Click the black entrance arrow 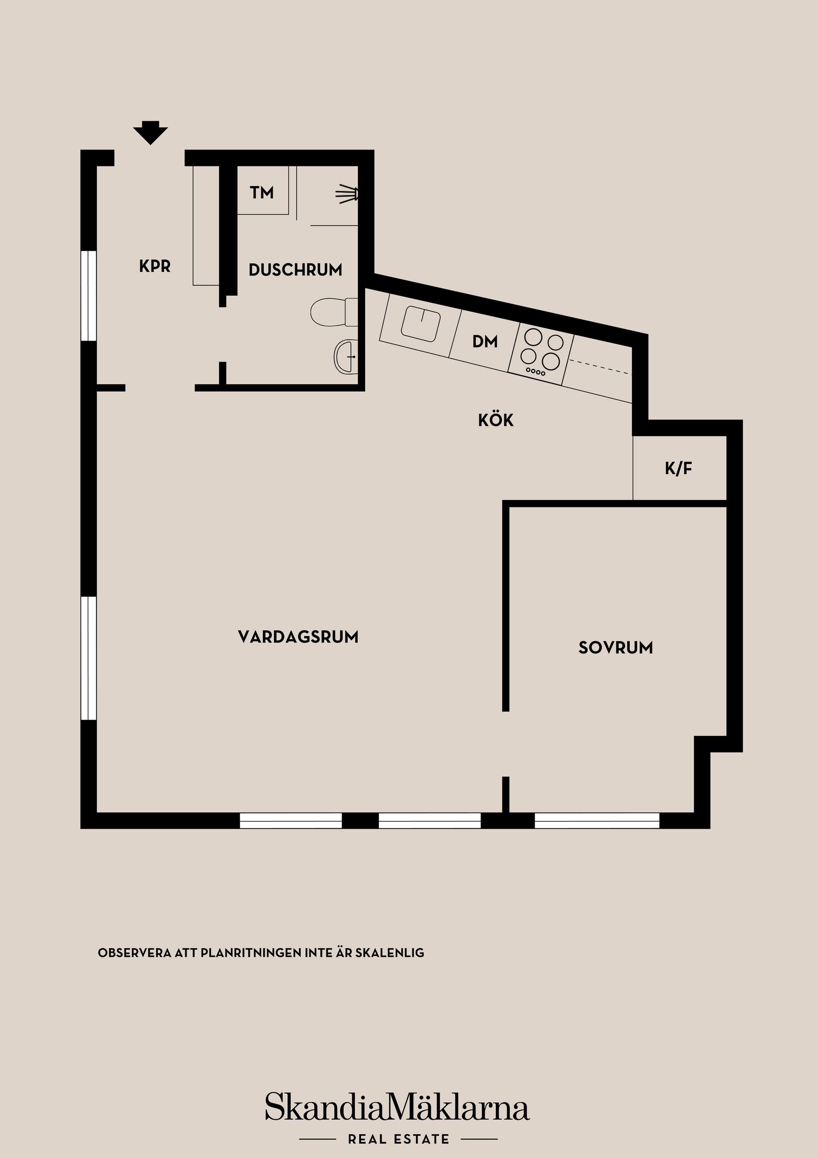click(150, 132)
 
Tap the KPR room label click(155, 266)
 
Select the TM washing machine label click(262, 192)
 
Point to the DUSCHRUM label click(295, 270)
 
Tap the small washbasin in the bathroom click(345, 356)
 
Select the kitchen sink click(421, 323)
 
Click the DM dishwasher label click(485, 342)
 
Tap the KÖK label click(496, 420)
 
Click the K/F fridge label click(678, 469)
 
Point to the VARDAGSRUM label click(298, 637)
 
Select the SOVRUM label click(615, 648)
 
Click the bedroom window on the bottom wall click(597, 821)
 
